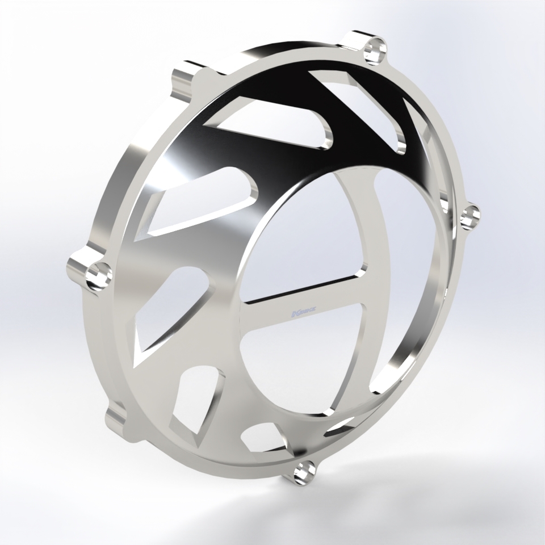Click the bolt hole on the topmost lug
(x=375, y=49)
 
